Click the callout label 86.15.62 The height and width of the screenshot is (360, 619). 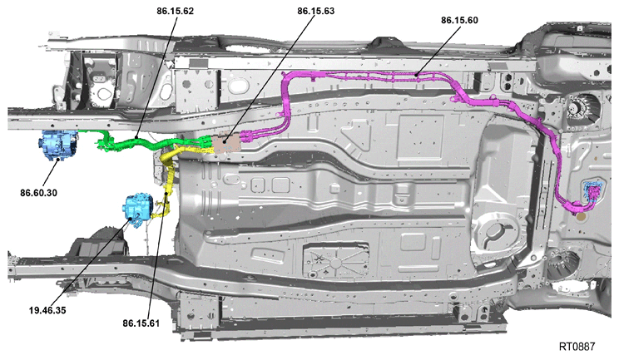(x=175, y=11)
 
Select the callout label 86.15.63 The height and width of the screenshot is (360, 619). (x=316, y=11)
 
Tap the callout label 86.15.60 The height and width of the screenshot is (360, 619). (x=459, y=20)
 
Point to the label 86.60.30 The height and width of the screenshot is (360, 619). (x=38, y=193)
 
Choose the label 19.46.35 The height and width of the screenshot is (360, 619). (x=47, y=310)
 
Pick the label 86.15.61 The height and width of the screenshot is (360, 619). (x=141, y=323)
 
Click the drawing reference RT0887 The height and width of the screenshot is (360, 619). (x=577, y=347)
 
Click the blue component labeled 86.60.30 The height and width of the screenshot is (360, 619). (x=58, y=145)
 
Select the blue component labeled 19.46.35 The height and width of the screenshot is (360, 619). (x=138, y=206)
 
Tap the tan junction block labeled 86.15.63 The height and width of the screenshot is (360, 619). (x=226, y=143)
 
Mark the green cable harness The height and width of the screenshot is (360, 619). (x=150, y=144)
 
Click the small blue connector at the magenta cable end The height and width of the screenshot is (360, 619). (x=593, y=192)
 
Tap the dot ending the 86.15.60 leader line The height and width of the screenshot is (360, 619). (x=417, y=74)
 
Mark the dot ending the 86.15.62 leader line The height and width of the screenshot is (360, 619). (x=136, y=138)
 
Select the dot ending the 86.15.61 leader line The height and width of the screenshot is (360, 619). (x=166, y=194)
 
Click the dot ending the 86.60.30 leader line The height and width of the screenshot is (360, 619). (x=58, y=160)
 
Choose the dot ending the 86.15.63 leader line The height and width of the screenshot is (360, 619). (x=225, y=141)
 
